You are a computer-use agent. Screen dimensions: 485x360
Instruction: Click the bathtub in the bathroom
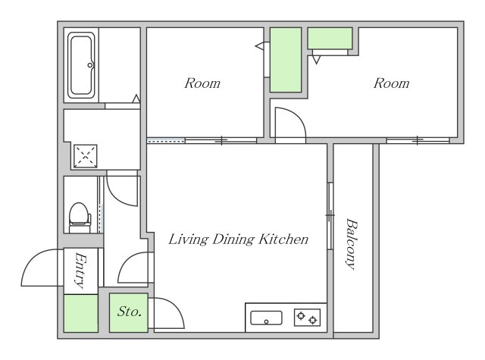tap(81, 65)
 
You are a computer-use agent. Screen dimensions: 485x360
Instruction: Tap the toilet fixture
tap(80, 218)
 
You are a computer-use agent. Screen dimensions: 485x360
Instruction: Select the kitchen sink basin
tap(266, 318)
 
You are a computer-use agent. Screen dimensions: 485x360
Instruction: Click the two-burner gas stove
tap(307, 318)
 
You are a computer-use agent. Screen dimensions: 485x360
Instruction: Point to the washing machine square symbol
tap(86, 156)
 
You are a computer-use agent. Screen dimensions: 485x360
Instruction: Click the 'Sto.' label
tap(130, 311)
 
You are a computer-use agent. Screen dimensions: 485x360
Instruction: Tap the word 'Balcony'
tap(352, 244)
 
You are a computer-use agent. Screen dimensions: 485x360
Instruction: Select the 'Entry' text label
tap(80, 270)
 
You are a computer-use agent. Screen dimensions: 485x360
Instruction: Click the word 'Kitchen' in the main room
tap(283, 239)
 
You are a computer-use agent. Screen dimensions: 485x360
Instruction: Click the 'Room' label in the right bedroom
tap(391, 83)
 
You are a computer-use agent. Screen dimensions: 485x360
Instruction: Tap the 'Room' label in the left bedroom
tap(202, 83)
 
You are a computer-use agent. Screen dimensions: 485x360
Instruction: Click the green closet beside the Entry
tap(81, 313)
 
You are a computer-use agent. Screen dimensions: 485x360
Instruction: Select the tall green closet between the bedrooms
tap(286, 60)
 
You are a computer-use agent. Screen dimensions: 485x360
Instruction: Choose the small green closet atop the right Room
tap(330, 38)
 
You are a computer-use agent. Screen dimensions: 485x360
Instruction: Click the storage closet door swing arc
tap(177, 306)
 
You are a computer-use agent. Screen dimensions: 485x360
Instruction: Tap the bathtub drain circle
tap(90, 65)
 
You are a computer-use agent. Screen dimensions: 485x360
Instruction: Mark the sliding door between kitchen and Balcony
tap(330, 215)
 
